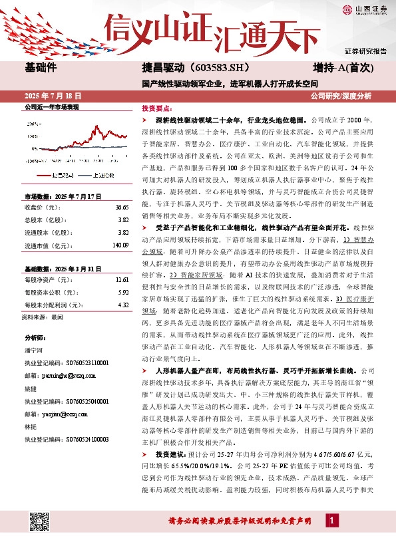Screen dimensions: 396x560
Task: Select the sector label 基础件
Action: tap(41, 67)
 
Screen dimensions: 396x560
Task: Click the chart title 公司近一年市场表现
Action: tap(51, 106)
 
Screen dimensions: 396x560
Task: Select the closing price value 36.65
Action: tap(121, 208)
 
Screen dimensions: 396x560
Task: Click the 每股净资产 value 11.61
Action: tap(121, 281)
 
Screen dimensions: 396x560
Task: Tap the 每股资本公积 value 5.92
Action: tap(122, 293)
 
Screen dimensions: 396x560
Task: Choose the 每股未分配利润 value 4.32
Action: tap(122, 305)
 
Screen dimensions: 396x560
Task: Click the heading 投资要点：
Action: tap(157, 107)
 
